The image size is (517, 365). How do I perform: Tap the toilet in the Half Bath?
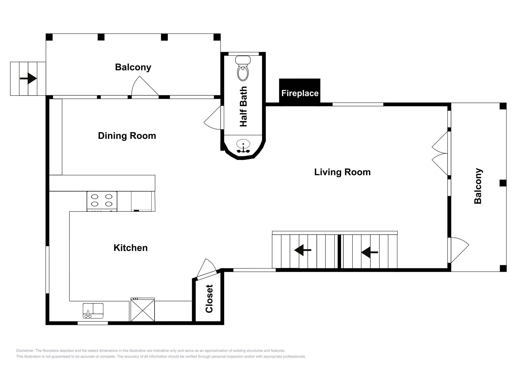pos(243,68)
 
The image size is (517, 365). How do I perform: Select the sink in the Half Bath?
pos(243,146)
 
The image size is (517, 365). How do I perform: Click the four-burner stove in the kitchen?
pos(102,201)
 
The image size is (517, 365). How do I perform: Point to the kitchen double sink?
pos(93,311)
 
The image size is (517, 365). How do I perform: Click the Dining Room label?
pos(127,136)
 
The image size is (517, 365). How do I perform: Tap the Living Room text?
pos(342,172)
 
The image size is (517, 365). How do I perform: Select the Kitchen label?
pos(131,248)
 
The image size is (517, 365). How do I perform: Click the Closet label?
pos(209,299)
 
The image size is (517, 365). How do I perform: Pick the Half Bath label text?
pos(243,107)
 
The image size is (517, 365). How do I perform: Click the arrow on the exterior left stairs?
pos(28,78)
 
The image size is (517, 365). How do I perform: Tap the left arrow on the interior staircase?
pos(303,250)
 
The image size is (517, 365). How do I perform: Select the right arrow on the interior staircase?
pos(370,252)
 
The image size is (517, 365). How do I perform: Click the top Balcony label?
pos(133,67)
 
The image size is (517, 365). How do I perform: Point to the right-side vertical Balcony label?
pos(478,186)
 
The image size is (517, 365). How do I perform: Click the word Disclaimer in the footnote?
pos(25,351)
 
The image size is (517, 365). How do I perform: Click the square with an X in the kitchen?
pos(143,310)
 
